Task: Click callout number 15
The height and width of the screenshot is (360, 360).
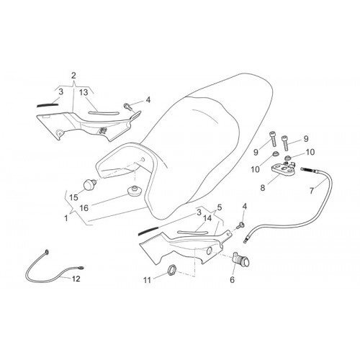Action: click(73, 197)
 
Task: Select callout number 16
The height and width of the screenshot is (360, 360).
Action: click(84, 208)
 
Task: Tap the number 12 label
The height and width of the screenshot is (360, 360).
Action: click(76, 279)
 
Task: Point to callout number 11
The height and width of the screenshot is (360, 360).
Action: click(147, 280)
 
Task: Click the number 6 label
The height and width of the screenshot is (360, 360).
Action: click(232, 279)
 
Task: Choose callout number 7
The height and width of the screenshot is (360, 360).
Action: click(312, 191)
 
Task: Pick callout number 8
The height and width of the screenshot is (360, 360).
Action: click(263, 188)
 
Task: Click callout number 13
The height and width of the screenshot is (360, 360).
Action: click(84, 92)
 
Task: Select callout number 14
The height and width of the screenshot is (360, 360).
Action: click(207, 218)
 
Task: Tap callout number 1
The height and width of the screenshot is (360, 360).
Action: click(66, 218)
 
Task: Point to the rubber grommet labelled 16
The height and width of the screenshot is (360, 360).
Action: click(134, 191)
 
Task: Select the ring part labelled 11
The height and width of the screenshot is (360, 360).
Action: click(171, 270)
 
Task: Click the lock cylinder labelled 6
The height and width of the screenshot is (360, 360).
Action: click(241, 259)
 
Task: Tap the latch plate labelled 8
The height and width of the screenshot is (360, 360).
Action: click(282, 168)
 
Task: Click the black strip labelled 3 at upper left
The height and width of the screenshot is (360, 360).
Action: click(48, 105)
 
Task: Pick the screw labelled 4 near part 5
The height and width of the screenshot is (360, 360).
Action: click(240, 225)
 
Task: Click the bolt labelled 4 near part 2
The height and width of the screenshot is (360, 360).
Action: click(128, 107)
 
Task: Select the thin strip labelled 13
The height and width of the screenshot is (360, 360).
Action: click(104, 113)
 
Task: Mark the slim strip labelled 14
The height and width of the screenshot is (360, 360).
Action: click(192, 233)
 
